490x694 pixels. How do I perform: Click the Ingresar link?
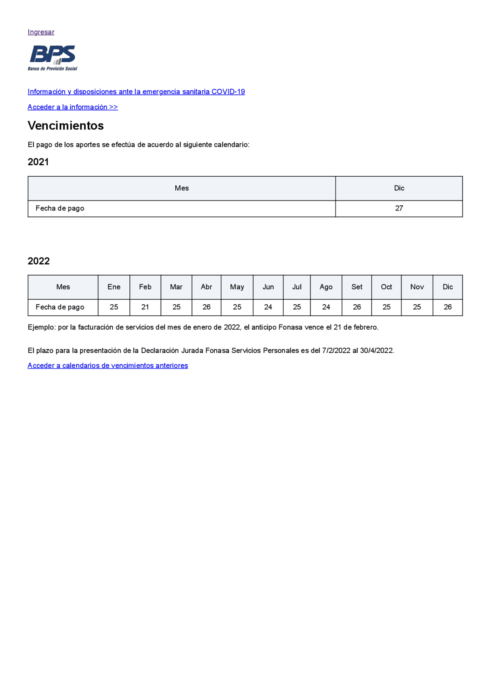click(41, 32)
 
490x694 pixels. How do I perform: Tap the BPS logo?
click(52, 58)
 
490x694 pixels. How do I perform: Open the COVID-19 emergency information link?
click(136, 92)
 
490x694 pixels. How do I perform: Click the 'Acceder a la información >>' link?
click(72, 107)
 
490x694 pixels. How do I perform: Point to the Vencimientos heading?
click(65, 126)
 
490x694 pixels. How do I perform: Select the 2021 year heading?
click(38, 162)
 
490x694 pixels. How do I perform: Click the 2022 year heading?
click(38, 261)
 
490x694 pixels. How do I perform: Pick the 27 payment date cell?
click(399, 208)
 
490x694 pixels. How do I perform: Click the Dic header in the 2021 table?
click(399, 188)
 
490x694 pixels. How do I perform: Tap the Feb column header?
click(145, 287)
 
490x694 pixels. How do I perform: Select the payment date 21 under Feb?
click(145, 307)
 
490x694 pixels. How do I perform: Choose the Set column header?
click(357, 287)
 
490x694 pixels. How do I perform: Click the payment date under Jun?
click(268, 307)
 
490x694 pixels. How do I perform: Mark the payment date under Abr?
click(206, 307)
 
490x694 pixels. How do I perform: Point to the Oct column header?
click(386, 287)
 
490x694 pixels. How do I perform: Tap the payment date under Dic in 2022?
click(448, 307)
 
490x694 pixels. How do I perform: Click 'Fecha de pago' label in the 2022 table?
click(60, 307)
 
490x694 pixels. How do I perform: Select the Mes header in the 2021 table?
click(181, 188)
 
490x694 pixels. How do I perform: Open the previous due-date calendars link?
click(108, 366)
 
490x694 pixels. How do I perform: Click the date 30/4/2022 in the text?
click(376, 351)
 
